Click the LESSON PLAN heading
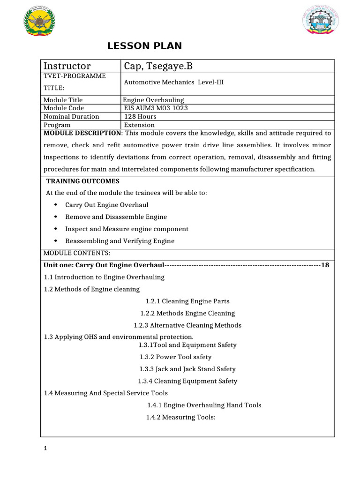coord(144,46)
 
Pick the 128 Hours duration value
coord(141,116)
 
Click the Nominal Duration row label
coord(71,116)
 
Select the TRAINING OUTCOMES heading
coord(83,181)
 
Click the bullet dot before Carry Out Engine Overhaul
coord(56,205)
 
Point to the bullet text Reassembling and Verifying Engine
coord(120,241)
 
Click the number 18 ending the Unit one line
coord(325,265)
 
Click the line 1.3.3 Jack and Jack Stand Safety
coord(187,369)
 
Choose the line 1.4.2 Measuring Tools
coord(180,417)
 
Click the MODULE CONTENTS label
coord(77,253)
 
